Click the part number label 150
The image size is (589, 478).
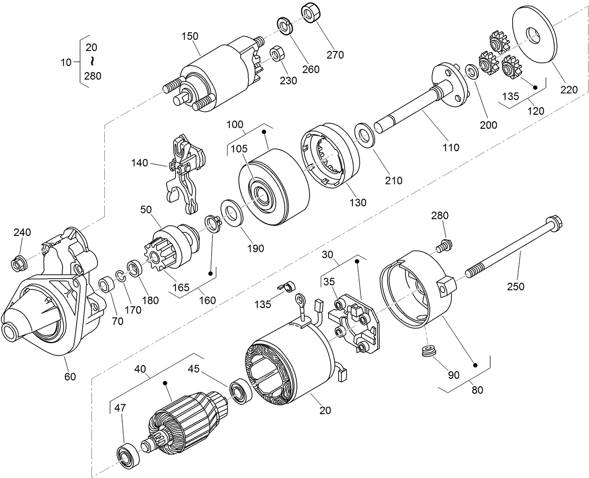190,37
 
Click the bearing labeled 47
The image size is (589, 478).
127,454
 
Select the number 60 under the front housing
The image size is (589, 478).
70,376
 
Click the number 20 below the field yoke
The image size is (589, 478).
325,410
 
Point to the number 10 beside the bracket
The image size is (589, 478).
66,61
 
